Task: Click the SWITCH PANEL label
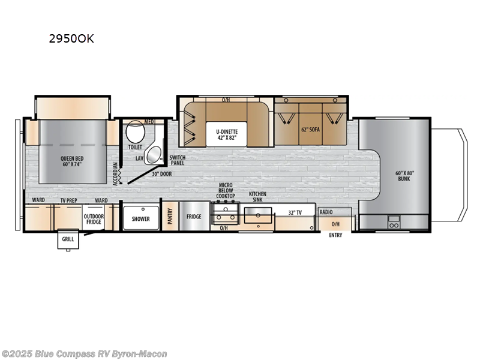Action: point(178,160)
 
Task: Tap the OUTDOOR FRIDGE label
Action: point(94,219)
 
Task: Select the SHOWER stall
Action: point(140,218)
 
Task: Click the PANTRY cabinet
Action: point(170,216)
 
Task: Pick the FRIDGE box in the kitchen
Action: point(193,217)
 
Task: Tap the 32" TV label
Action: point(294,212)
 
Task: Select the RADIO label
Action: point(326,212)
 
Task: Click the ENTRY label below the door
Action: point(335,235)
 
